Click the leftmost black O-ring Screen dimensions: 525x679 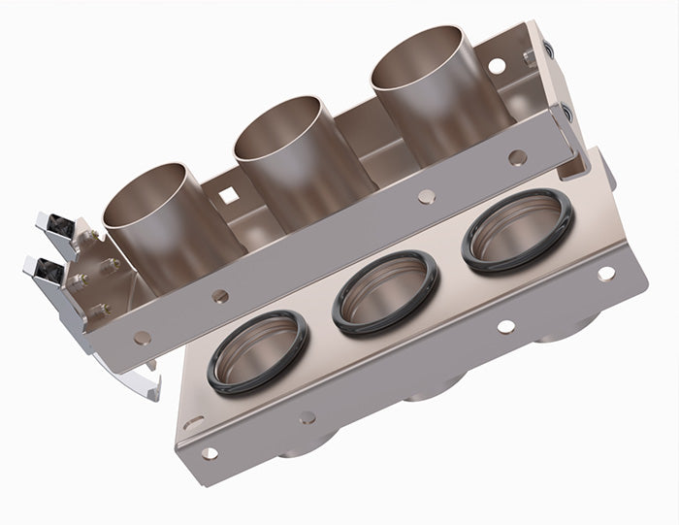[257, 352]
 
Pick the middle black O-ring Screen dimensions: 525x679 [385, 291]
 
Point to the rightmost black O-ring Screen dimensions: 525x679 [517, 229]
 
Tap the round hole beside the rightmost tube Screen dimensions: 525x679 [497, 65]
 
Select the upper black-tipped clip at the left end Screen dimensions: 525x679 [57, 224]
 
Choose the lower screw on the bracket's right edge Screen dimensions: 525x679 [567, 115]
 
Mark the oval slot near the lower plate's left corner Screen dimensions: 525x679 [192, 421]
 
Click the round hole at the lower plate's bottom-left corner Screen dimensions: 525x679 [208, 452]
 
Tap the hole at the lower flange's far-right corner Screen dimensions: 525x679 [606, 274]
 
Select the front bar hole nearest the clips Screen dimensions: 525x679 [143, 338]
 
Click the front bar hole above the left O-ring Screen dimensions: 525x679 [221, 296]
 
